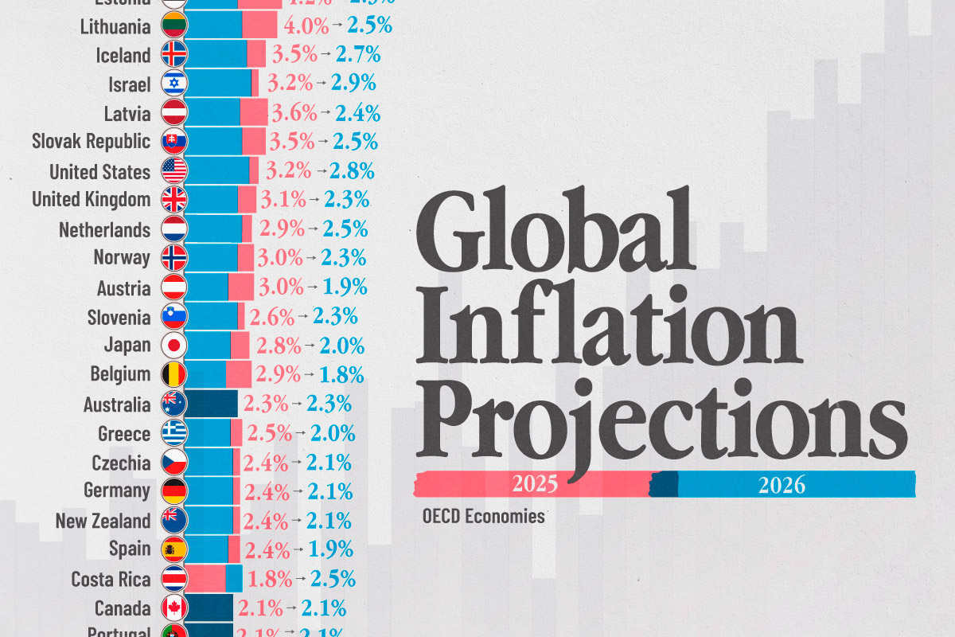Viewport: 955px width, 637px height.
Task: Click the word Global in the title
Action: click(x=553, y=230)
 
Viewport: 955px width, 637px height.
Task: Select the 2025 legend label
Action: click(x=535, y=483)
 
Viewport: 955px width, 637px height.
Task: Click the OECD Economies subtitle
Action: click(x=484, y=516)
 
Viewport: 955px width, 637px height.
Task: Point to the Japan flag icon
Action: click(x=173, y=346)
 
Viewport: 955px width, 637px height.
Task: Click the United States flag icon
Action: click(x=173, y=170)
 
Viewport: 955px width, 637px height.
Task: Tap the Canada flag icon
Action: click(x=173, y=608)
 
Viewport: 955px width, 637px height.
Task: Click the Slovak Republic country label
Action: click(x=91, y=142)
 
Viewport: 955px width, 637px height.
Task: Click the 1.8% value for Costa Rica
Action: click(x=269, y=578)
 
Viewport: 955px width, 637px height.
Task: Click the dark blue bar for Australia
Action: click(x=211, y=404)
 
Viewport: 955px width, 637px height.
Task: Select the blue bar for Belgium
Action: click(x=205, y=374)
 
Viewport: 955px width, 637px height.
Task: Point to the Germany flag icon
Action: click(x=173, y=490)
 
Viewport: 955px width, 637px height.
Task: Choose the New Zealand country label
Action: click(x=103, y=521)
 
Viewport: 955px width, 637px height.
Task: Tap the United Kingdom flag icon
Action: click(x=173, y=199)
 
